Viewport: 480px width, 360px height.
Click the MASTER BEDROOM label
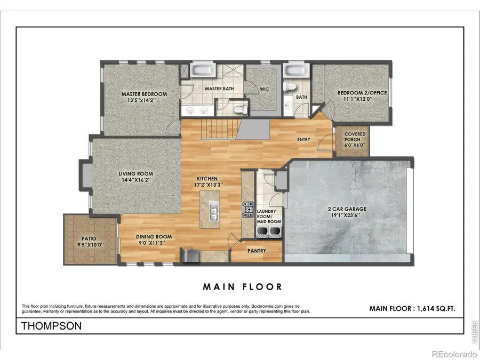pyautogui.click(x=144, y=94)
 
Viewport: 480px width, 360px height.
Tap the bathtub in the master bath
pyautogui.click(x=202, y=71)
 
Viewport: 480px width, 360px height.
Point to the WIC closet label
pyautogui.click(x=265, y=89)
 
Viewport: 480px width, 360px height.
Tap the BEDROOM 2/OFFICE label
pyautogui.click(x=362, y=93)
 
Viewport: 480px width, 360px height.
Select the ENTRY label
pyautogui.click(x=303, y=140)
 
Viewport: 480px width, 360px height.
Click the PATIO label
pyautogui.click(x=90, y=239)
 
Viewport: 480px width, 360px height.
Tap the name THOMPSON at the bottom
pyautogui.click(x=52, y=326)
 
